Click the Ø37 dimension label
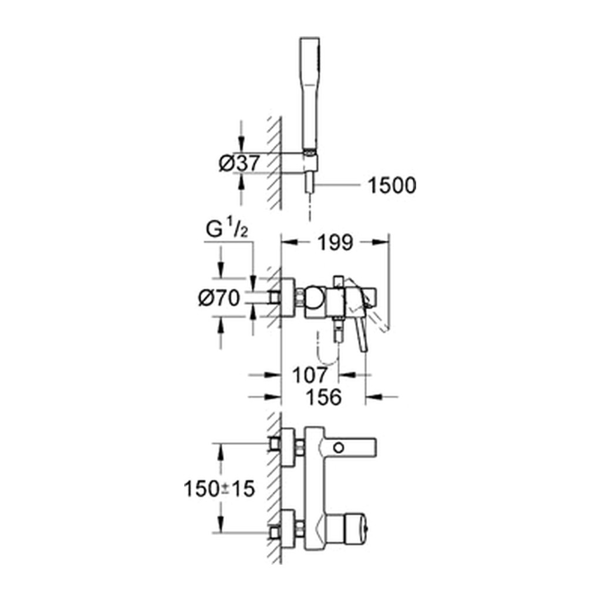239,163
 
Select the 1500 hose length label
391,185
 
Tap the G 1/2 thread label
227,229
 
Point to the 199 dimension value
335,242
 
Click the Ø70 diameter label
220,298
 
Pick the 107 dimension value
310,375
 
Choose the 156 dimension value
323,397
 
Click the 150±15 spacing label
220,489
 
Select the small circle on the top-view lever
339,447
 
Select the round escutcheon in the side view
288,298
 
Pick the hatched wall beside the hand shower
275,163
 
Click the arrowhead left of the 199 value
289,242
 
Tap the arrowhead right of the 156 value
373,397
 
